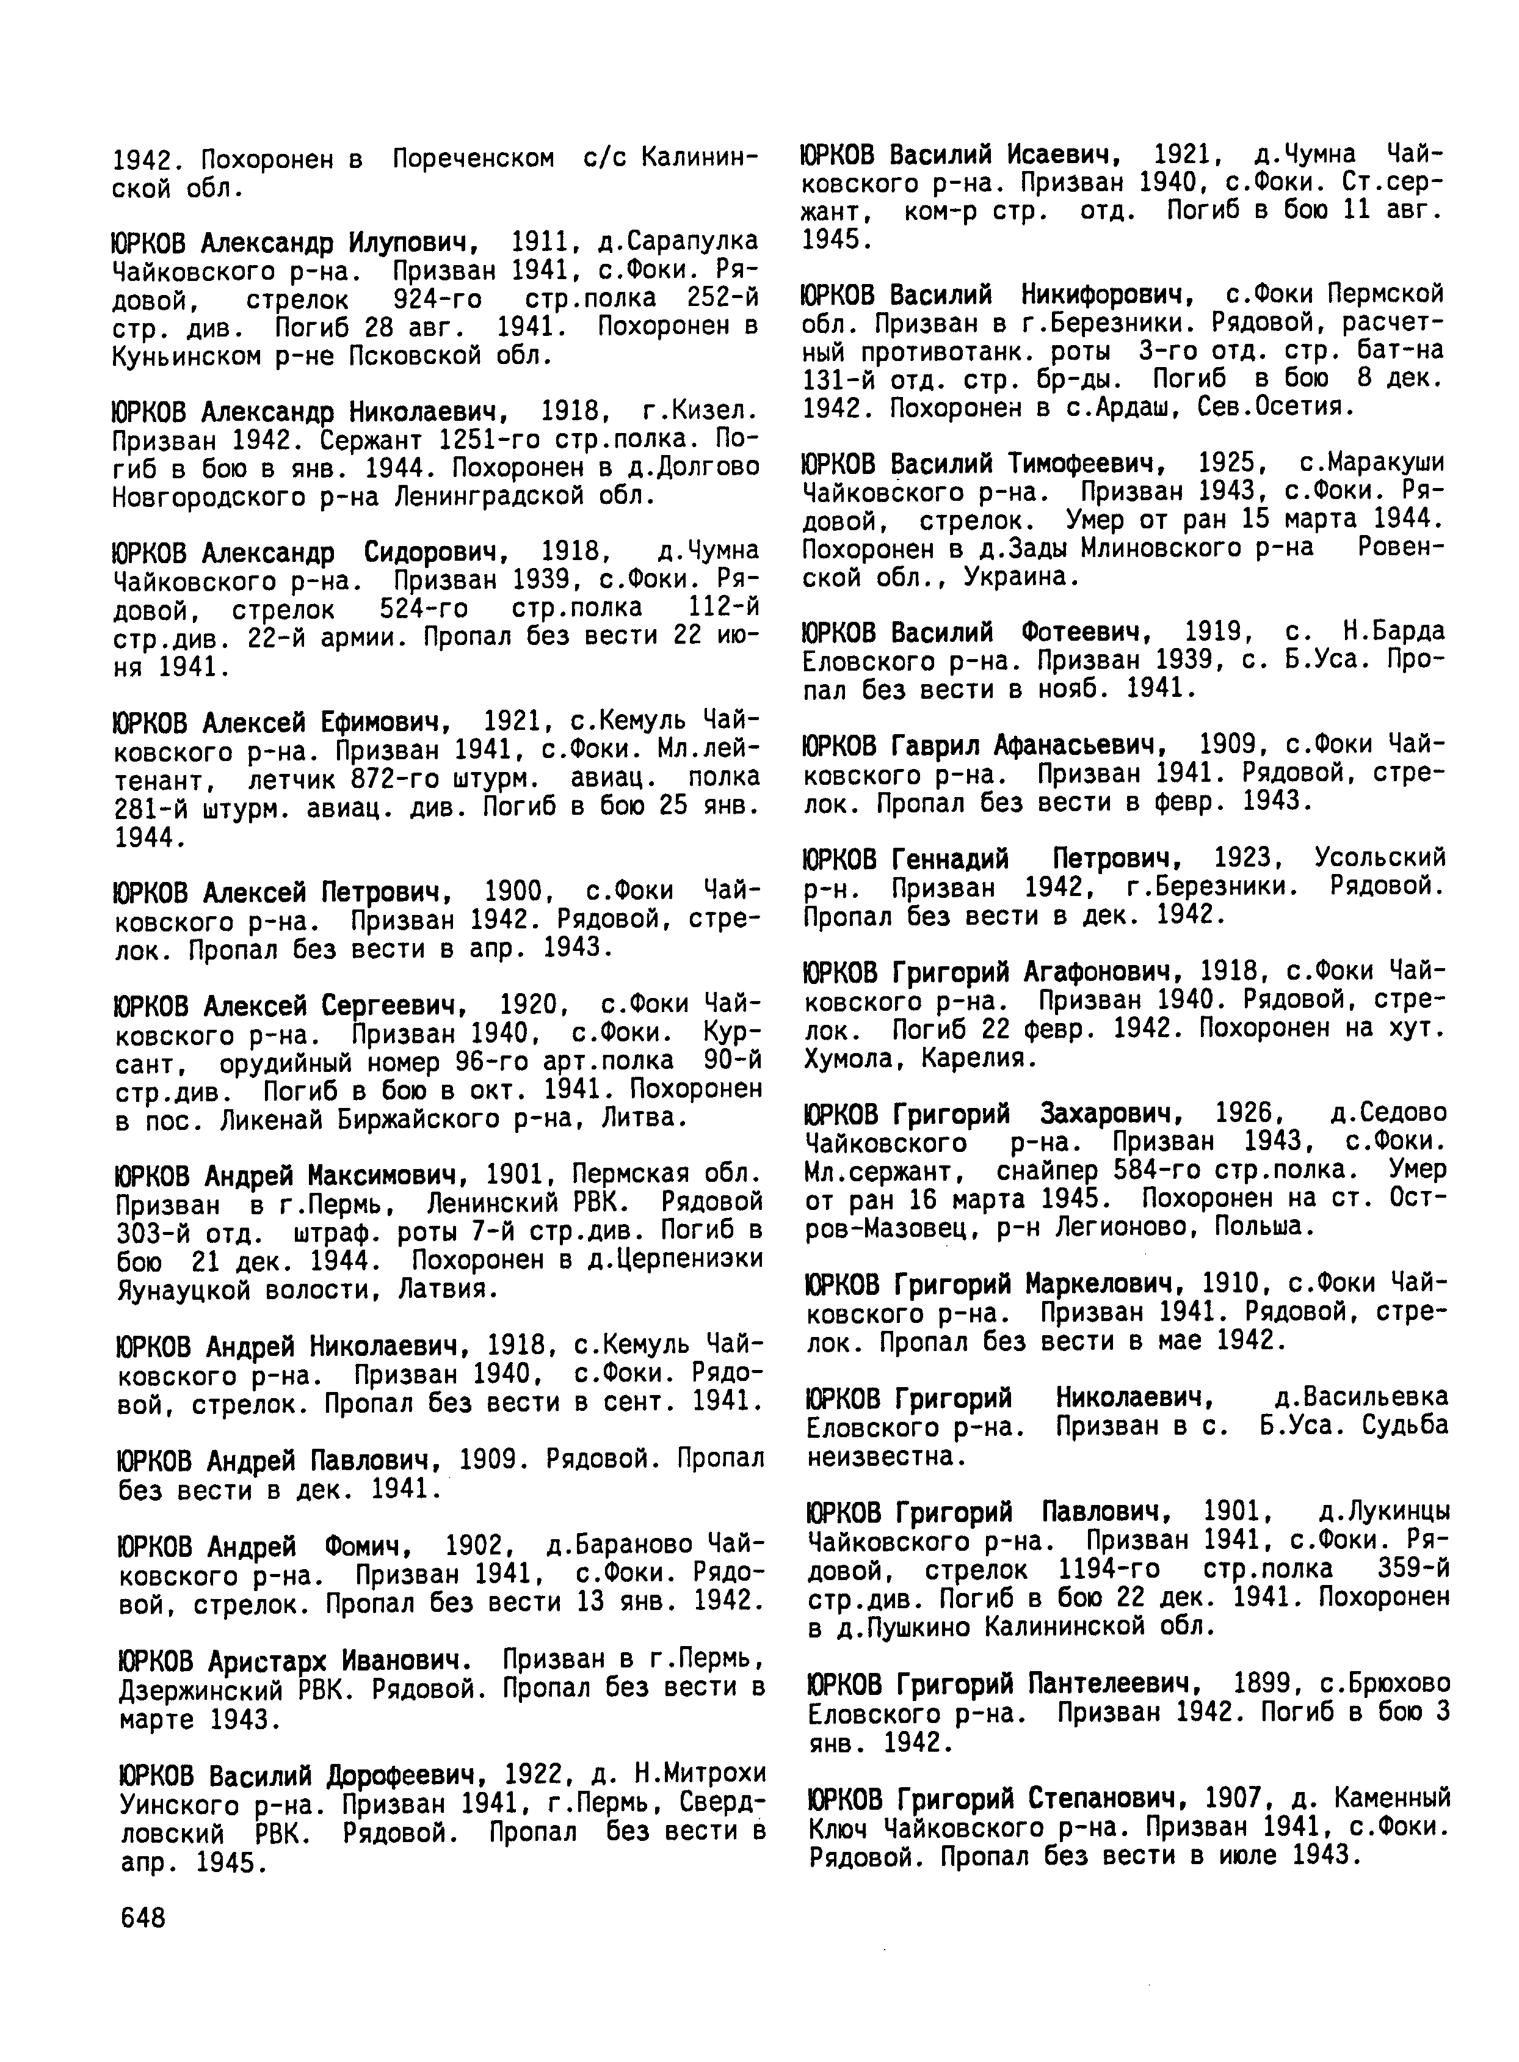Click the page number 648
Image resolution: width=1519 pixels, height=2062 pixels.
coord(142,1918)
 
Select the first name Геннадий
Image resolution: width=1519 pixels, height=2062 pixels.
coord(950,859)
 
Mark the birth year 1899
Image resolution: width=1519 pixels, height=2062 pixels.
coord(1263,1683)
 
